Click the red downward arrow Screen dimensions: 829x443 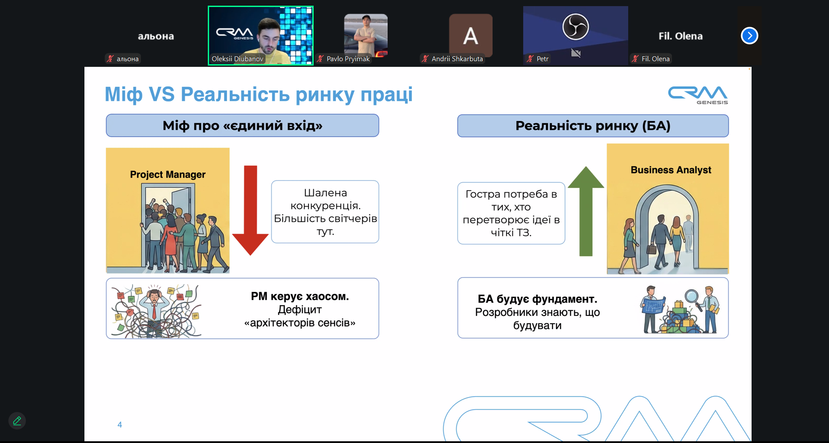(250, 210)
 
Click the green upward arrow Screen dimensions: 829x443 (586, 211)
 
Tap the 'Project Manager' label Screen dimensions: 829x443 (168, 174)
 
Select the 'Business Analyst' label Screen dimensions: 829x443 (671, 170)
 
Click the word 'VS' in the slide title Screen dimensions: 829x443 (161, 94)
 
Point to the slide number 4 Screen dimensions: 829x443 (119, 425)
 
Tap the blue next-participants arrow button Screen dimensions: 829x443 (749, 36)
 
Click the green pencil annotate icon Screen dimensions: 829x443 (17, 421)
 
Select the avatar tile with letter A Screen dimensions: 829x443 (471, 35)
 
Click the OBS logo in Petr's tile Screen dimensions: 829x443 (575, 27)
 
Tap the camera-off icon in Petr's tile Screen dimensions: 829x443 (576, 53)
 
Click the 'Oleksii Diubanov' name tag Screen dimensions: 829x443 (237, 59)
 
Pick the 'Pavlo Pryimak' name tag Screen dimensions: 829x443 (348, 59)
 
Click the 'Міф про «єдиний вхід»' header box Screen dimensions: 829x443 (242, 126)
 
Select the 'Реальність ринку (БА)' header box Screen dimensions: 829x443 (593, 126)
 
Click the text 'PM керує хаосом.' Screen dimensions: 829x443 (300, 296)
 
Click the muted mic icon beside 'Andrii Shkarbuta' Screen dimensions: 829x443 (425, 59)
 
